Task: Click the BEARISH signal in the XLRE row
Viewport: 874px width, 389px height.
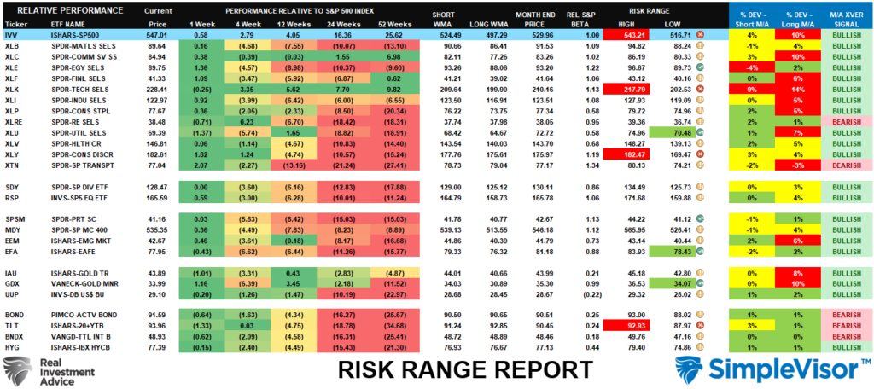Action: pyautogui.click(x=843, y=122)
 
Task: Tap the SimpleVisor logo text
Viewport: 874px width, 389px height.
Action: pyautogui.click(x=772, y=369)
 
